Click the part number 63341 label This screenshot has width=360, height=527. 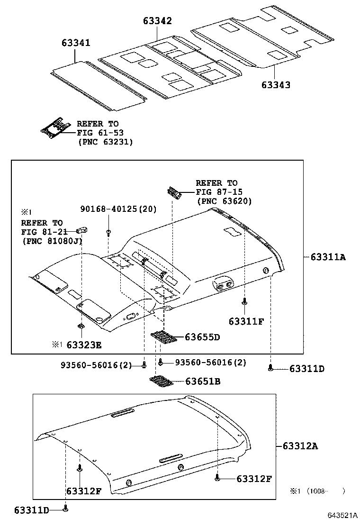(x=76, y=43)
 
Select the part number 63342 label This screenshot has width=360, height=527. (x=157, y=21)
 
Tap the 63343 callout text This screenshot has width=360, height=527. (x=276, y=85)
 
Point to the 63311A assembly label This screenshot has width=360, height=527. (x=328, y=257)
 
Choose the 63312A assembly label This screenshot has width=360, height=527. (x=300, y=446)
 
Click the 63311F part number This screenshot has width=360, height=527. (x=246, y=321)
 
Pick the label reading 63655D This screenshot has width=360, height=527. (x=202, y=337)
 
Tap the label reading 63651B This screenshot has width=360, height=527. (x=202, y=381)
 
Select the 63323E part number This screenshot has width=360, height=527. (x=84, y=345)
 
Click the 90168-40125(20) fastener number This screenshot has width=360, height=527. (x=118, y=209)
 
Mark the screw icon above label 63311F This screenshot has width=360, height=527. (x=244, y=301)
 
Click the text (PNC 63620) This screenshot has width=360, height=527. (x=224, y=201)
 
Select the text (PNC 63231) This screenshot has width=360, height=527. (x=105, y=141)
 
